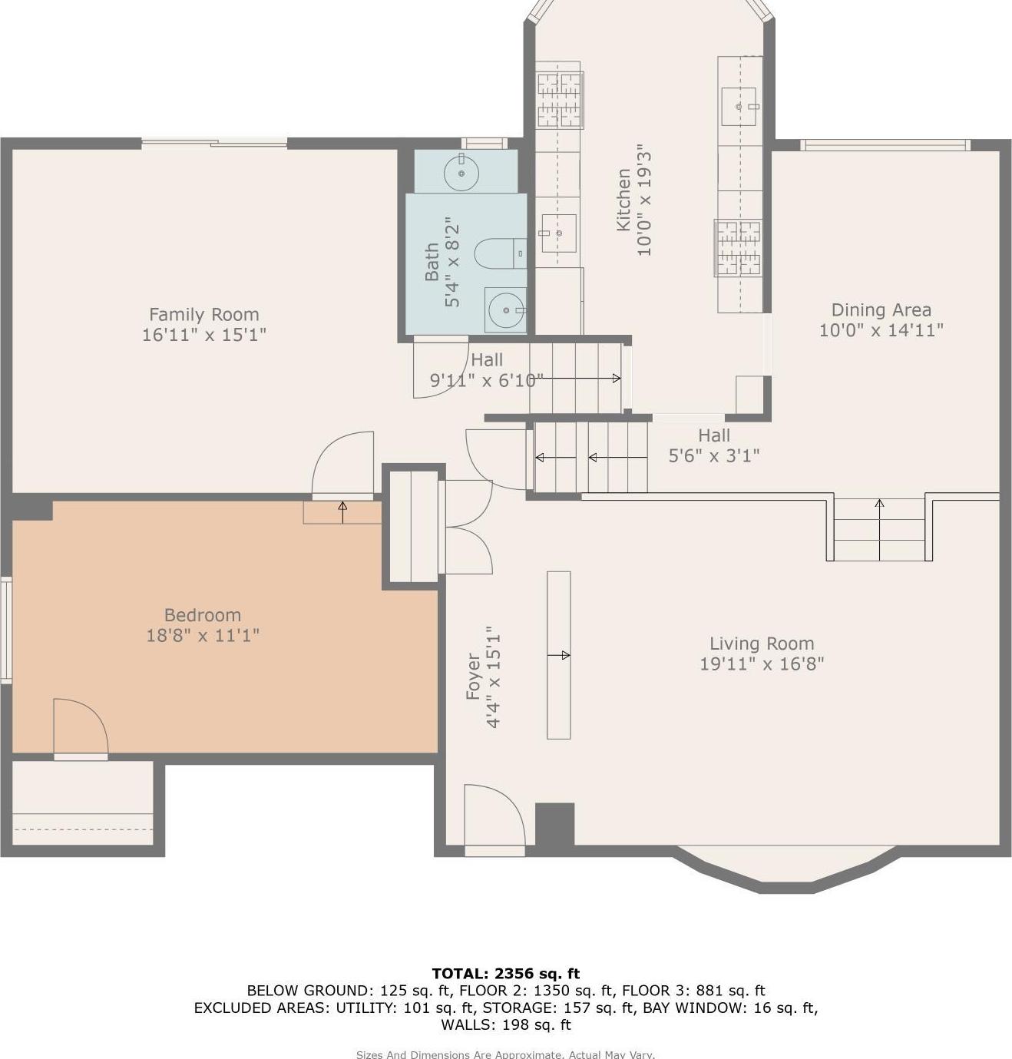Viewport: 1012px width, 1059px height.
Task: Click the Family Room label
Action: click(203, 314)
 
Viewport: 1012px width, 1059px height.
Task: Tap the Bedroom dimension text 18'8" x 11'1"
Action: click(203, 635)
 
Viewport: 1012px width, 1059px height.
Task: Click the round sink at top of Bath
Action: click(461, 173)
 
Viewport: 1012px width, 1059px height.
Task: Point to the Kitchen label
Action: click(623, 200)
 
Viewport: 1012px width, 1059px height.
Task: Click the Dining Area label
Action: click(881, 309)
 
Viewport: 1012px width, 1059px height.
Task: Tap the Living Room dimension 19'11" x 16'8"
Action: click(761, 664)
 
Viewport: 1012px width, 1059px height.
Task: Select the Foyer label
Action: click(473, 677)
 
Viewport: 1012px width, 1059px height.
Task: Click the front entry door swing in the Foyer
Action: click(493, 816)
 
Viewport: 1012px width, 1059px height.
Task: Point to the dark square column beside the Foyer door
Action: click(554, 824)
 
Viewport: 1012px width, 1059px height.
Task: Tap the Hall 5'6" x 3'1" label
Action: click(713, 445)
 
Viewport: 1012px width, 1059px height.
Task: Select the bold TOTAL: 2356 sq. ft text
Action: click(505, 974)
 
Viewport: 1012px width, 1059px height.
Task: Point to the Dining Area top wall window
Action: click(885, 145)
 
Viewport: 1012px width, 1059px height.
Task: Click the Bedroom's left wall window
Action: click(5, 630)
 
